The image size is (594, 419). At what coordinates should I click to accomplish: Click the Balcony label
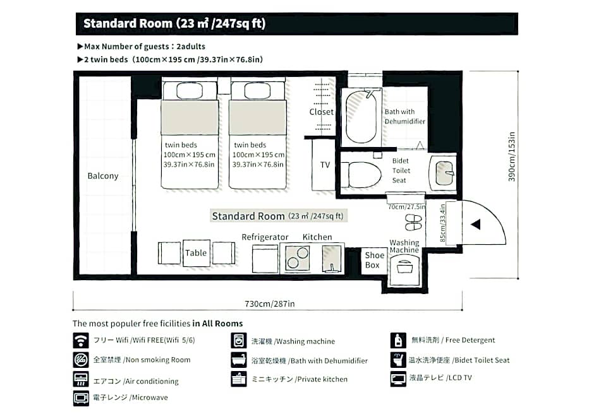[x=102, y=176]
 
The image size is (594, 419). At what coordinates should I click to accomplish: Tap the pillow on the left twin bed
[x=190, y=91]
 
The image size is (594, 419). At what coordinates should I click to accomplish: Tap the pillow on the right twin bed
[x=258, y=91]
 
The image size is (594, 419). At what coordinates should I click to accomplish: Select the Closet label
[x=321, y=112]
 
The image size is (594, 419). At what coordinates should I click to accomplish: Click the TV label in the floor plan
[x=325, y=165]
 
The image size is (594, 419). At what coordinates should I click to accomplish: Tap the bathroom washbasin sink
[x=444, y=173]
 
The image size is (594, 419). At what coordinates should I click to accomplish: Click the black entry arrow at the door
[x=476, y=224]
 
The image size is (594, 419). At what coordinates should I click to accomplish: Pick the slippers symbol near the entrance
[x=413, y=222]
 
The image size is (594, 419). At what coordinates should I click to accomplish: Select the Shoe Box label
[x=374, y=260]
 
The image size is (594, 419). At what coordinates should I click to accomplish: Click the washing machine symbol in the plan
[x=404, y=269]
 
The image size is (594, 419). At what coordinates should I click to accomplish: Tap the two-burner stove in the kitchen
[x=298, y=258]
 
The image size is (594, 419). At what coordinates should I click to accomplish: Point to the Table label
[x=196, y=252]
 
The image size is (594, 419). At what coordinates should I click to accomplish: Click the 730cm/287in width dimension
[x=269, y=304]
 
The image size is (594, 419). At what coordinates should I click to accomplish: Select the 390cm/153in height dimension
[x=512, y=156]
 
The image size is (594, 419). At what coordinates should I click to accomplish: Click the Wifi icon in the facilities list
[x=81, y=340]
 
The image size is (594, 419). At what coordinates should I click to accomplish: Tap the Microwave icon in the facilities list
[x=81, y=398]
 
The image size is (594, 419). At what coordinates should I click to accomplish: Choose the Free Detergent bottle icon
[x=398, y=340]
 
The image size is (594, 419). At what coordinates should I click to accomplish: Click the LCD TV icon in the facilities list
[x=398, y=379]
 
